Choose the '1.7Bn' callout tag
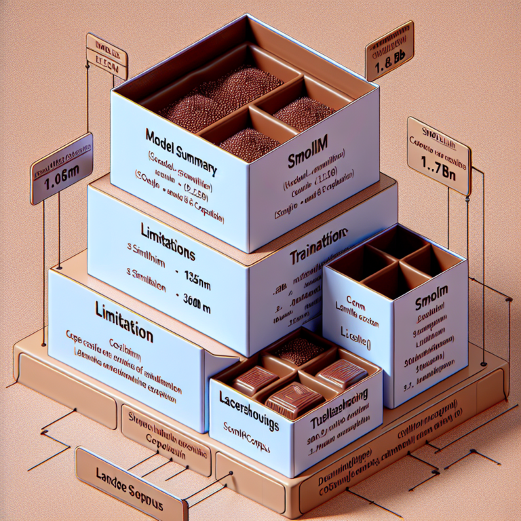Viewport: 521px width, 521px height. click(438, 155)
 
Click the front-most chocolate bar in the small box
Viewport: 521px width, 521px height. click(286, 400)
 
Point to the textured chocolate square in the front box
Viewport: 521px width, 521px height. click(295, 351)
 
